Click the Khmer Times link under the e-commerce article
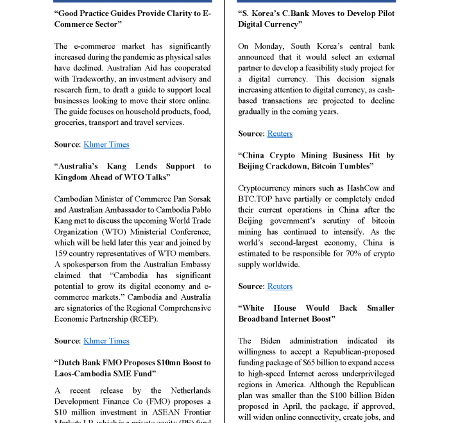click(x=106, y=145)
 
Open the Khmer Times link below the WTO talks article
click(x=106, y=341)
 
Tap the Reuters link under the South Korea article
click(x=280, y=133)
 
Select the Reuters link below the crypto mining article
click(x=280, y=286)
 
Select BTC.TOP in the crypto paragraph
click(x=257, y=199)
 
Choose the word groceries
click(x=71, y=122)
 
